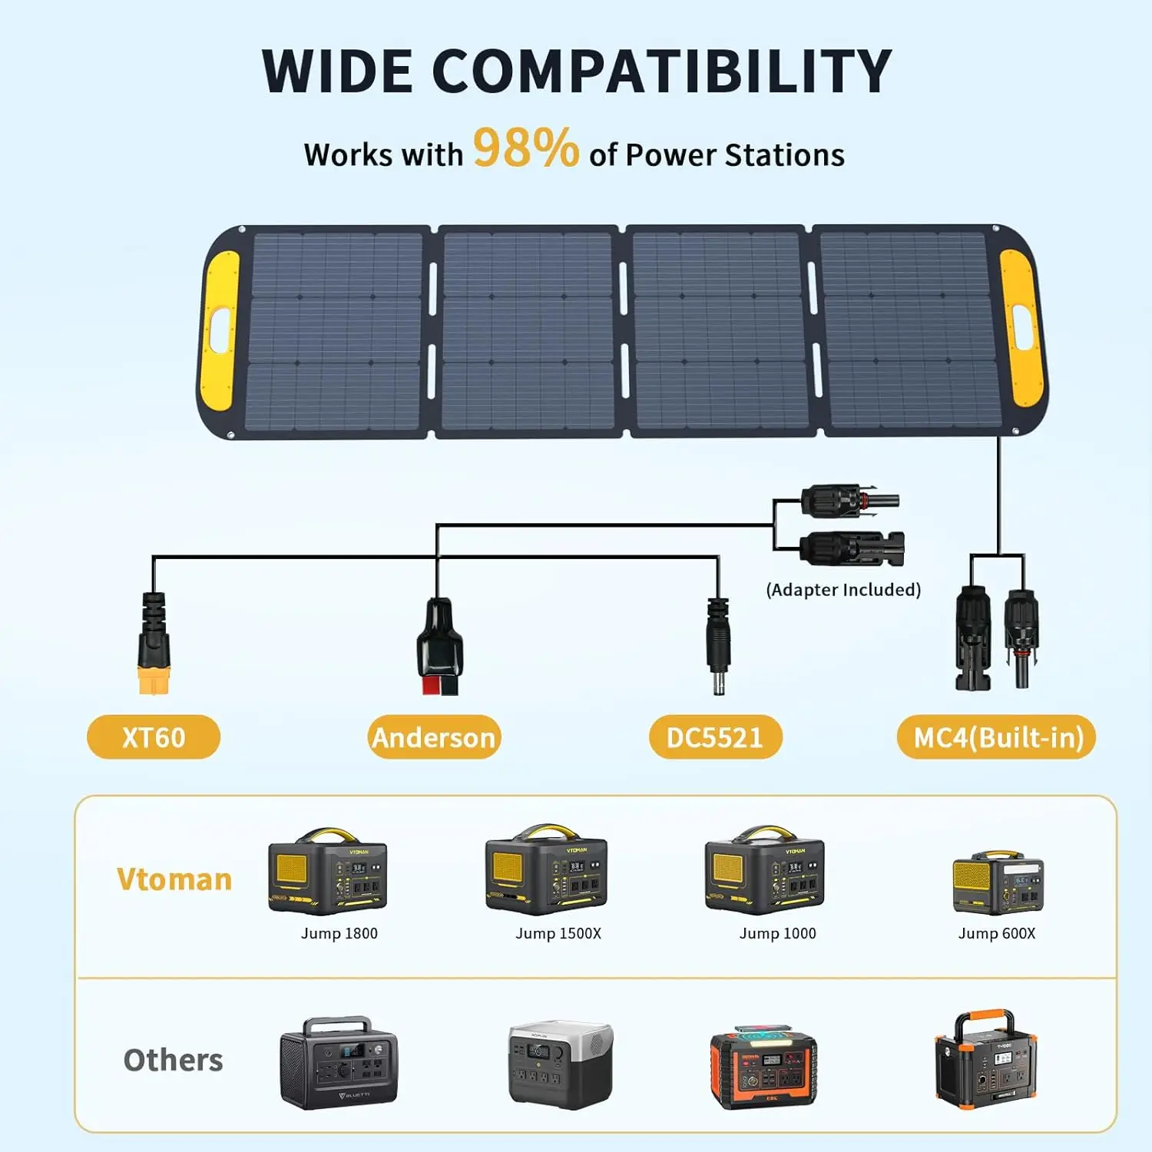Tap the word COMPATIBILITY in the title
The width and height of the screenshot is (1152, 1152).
(x=661, y=71)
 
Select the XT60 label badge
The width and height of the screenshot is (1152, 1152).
(x=154, y=737)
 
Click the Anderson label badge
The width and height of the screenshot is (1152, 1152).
(x=434, y=737)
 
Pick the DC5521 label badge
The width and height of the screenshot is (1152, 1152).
(x=715, y=737)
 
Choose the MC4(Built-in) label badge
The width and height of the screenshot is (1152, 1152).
(x=997, y=737)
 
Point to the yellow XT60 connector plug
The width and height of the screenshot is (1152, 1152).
(x=153, y=679)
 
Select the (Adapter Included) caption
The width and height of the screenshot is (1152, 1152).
(x=843, y=590)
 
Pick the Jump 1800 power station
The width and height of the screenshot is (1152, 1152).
(x=328, y=872)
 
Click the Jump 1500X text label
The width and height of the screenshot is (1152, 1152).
(x=558, y=934)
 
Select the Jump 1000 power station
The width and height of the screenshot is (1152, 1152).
(x=765, y=872)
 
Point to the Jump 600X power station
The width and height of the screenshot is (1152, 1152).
(x=998, y=883)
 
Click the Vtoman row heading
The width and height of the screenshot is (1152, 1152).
(x=174, y=879)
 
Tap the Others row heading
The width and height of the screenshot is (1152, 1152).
(x=174, y=1061)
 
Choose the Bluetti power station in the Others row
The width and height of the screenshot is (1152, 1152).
(x=339, y=1064)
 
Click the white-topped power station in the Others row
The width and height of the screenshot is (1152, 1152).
(x=561, y=1064)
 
